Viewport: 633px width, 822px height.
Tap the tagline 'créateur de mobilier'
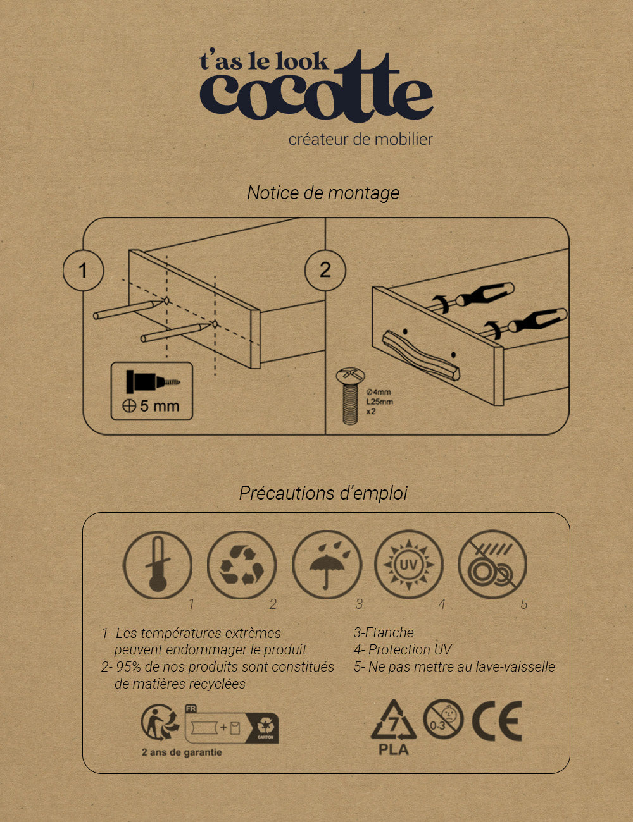[x=360, y=139]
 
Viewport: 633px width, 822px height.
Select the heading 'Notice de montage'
[x=323, y=193]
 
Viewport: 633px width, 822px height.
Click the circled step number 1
[x=84, y=271]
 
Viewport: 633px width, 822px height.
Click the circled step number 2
[x=325, y=270]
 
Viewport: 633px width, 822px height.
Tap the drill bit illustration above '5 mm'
[x=153, y=381]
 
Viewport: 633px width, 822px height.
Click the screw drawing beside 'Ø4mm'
[x=351, y=396]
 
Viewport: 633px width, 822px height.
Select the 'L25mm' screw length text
[x=379, y=402]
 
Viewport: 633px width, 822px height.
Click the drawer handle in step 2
[x=421, y=355]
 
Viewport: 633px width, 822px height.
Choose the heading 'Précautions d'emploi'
[x=323, y=493]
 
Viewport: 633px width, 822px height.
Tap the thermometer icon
[x=158, y=565]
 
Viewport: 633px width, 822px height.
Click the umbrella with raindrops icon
[x=327, y=565]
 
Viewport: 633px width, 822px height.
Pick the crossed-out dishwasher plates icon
[x=492, y=564]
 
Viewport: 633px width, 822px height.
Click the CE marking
[x=497, y=721]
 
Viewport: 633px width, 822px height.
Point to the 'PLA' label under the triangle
[x=394, y=749]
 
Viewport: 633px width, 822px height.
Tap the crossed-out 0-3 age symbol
[x=443, y=719]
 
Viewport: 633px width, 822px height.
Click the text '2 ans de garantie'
[x=182, y=752]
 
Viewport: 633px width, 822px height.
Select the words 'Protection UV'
[x=410, y=649]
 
